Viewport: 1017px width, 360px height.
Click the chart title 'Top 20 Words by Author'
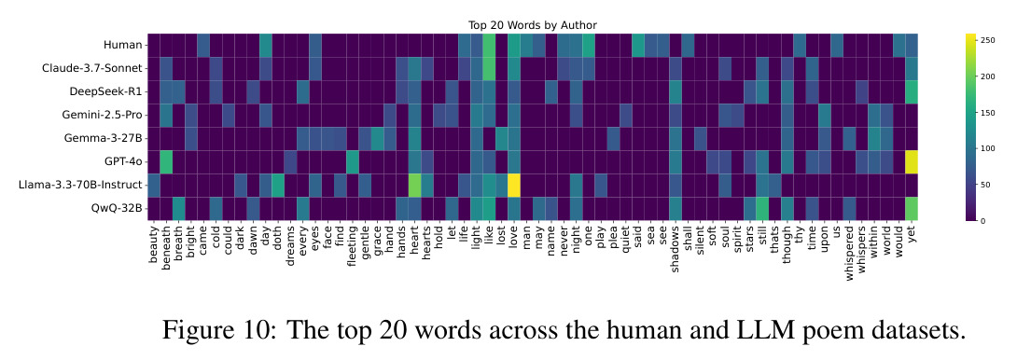533,25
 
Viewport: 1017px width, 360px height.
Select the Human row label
123,45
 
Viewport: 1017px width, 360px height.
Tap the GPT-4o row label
124,161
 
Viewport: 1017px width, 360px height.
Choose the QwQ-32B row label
118,209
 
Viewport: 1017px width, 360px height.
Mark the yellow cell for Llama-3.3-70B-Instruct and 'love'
514,186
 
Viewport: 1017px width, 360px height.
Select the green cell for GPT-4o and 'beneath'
167,162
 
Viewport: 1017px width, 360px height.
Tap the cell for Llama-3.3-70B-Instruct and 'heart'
414,186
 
